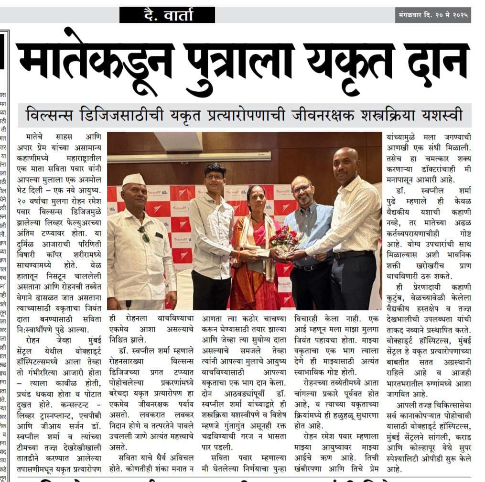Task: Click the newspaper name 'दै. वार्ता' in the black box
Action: [167, 15]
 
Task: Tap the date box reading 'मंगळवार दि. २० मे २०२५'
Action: [433, 15]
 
